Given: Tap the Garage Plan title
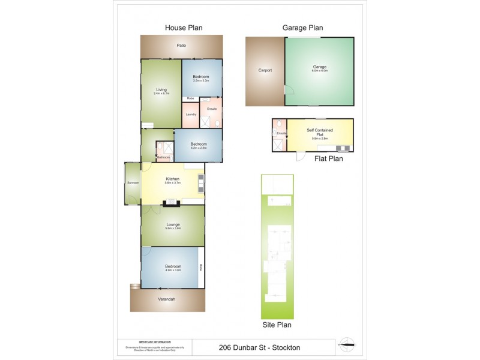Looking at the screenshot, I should tap(303, 27).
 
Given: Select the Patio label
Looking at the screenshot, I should tap(181, 46).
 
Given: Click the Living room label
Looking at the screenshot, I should tap(161, 90).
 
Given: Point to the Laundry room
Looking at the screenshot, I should tap(191, 114).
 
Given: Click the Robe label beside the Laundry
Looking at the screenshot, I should tap(190, 98).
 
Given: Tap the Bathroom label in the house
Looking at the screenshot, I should tap(163, 157).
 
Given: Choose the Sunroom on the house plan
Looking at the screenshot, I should tap(133, 182).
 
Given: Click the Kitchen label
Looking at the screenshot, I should tap(173, 179).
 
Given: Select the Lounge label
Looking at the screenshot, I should tap(173, 224).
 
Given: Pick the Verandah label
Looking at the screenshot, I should tap(168, 299).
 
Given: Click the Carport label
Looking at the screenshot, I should tap(265, 71).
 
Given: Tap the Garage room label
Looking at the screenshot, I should tap(319, 67).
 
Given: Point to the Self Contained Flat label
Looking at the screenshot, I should tap(319, 132).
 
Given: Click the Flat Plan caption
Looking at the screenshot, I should tap(329, 160).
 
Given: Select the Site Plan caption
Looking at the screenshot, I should tap(277, 326).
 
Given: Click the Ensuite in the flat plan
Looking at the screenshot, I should tap(280, 133).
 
